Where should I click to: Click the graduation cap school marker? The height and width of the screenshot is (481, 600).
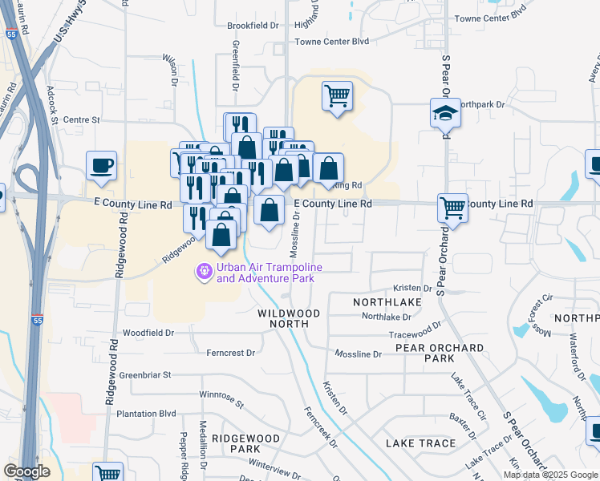(444, 113)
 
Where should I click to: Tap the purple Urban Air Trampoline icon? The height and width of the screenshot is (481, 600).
(205, 273)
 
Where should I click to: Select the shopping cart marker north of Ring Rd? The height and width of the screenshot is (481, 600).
(338, 96)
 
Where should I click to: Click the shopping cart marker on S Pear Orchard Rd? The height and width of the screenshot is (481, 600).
(453, 208)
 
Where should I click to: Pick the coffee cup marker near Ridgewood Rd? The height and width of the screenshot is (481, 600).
(102, 165)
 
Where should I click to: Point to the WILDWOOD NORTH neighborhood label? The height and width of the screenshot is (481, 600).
(289, 318)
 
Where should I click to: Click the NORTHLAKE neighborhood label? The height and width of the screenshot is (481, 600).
(387, 301)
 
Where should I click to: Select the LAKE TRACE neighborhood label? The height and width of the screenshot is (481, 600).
(420, 443)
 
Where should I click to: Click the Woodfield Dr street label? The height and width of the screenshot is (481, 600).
(148, 332)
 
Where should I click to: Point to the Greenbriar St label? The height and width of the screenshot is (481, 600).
(145, 374)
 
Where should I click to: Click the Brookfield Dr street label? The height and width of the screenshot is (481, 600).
(253, 26)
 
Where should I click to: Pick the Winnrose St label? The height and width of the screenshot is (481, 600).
(221, 395)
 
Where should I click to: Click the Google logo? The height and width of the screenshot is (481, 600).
(26, 471)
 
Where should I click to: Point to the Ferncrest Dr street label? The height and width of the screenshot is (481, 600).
(230, 352)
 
